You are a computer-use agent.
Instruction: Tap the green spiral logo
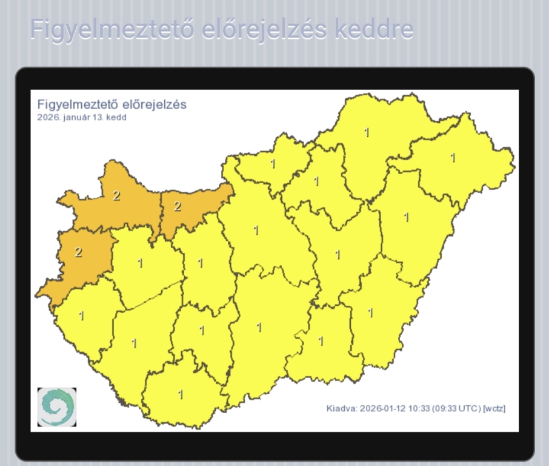click(x=57, y=407)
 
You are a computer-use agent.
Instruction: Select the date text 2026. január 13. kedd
click(x=82, y=118)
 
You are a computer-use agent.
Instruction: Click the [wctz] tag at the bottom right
click(x=493, y=408)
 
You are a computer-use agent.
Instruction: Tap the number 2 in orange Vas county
click(x=78, y=252)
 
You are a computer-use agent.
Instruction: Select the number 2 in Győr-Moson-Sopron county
click(x=116, y=195)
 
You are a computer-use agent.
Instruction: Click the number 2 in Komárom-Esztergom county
click(x=177, y=206)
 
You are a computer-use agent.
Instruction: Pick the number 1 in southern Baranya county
click(x=180, y=394)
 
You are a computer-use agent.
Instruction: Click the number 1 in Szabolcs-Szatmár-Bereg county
click(x=452, y=158)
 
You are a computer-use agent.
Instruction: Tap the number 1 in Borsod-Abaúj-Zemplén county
click(x=366, y=132)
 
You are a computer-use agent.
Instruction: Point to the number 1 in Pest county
click(x=256, y=231)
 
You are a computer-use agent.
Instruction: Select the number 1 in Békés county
click(x=370, y=313)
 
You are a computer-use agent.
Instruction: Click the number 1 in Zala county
click(x=81, y=316)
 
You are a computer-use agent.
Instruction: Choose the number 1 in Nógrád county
click(x=273, y=164)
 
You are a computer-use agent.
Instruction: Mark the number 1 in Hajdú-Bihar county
click(x=406, y=217)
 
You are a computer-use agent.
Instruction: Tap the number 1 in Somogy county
click(x=134, y=343)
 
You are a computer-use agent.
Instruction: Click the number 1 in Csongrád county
click(x=321, y=341)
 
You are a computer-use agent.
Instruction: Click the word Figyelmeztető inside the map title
click(x=72, y=104)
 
